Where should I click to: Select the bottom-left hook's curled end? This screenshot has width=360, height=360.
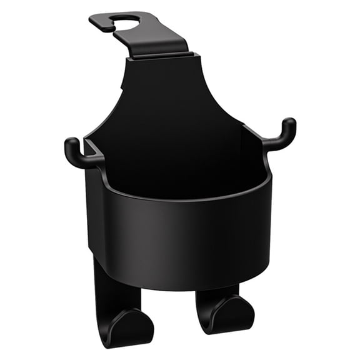pos(134,325)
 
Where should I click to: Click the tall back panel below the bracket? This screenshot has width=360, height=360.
pos(169,94)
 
